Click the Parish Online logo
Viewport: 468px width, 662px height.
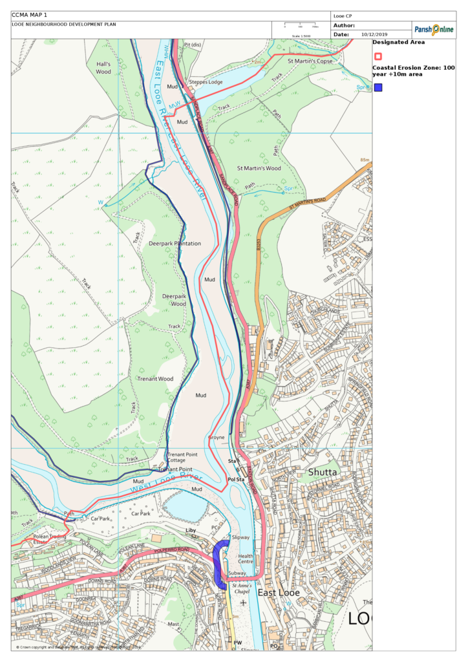(434, 30)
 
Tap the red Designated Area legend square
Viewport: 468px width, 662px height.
(378, 56)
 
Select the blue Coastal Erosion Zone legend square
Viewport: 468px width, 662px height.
(378, 87)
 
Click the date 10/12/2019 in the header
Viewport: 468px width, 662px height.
(374, 34)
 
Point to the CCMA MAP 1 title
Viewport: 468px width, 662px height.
(30, 15)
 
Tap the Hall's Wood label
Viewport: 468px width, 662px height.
(103, 68)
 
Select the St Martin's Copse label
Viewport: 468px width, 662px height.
(310, 61)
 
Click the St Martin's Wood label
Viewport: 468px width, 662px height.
(259, 168)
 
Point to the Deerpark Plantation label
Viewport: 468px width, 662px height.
(175, 244)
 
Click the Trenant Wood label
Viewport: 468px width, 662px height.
(155, 378)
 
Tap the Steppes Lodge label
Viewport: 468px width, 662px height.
(206, 82)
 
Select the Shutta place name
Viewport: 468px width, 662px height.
(322, 472)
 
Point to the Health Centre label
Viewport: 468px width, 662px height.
(246, 559)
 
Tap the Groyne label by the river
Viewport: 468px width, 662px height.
(217, 438)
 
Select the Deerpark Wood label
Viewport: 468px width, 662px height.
(174, 300)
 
